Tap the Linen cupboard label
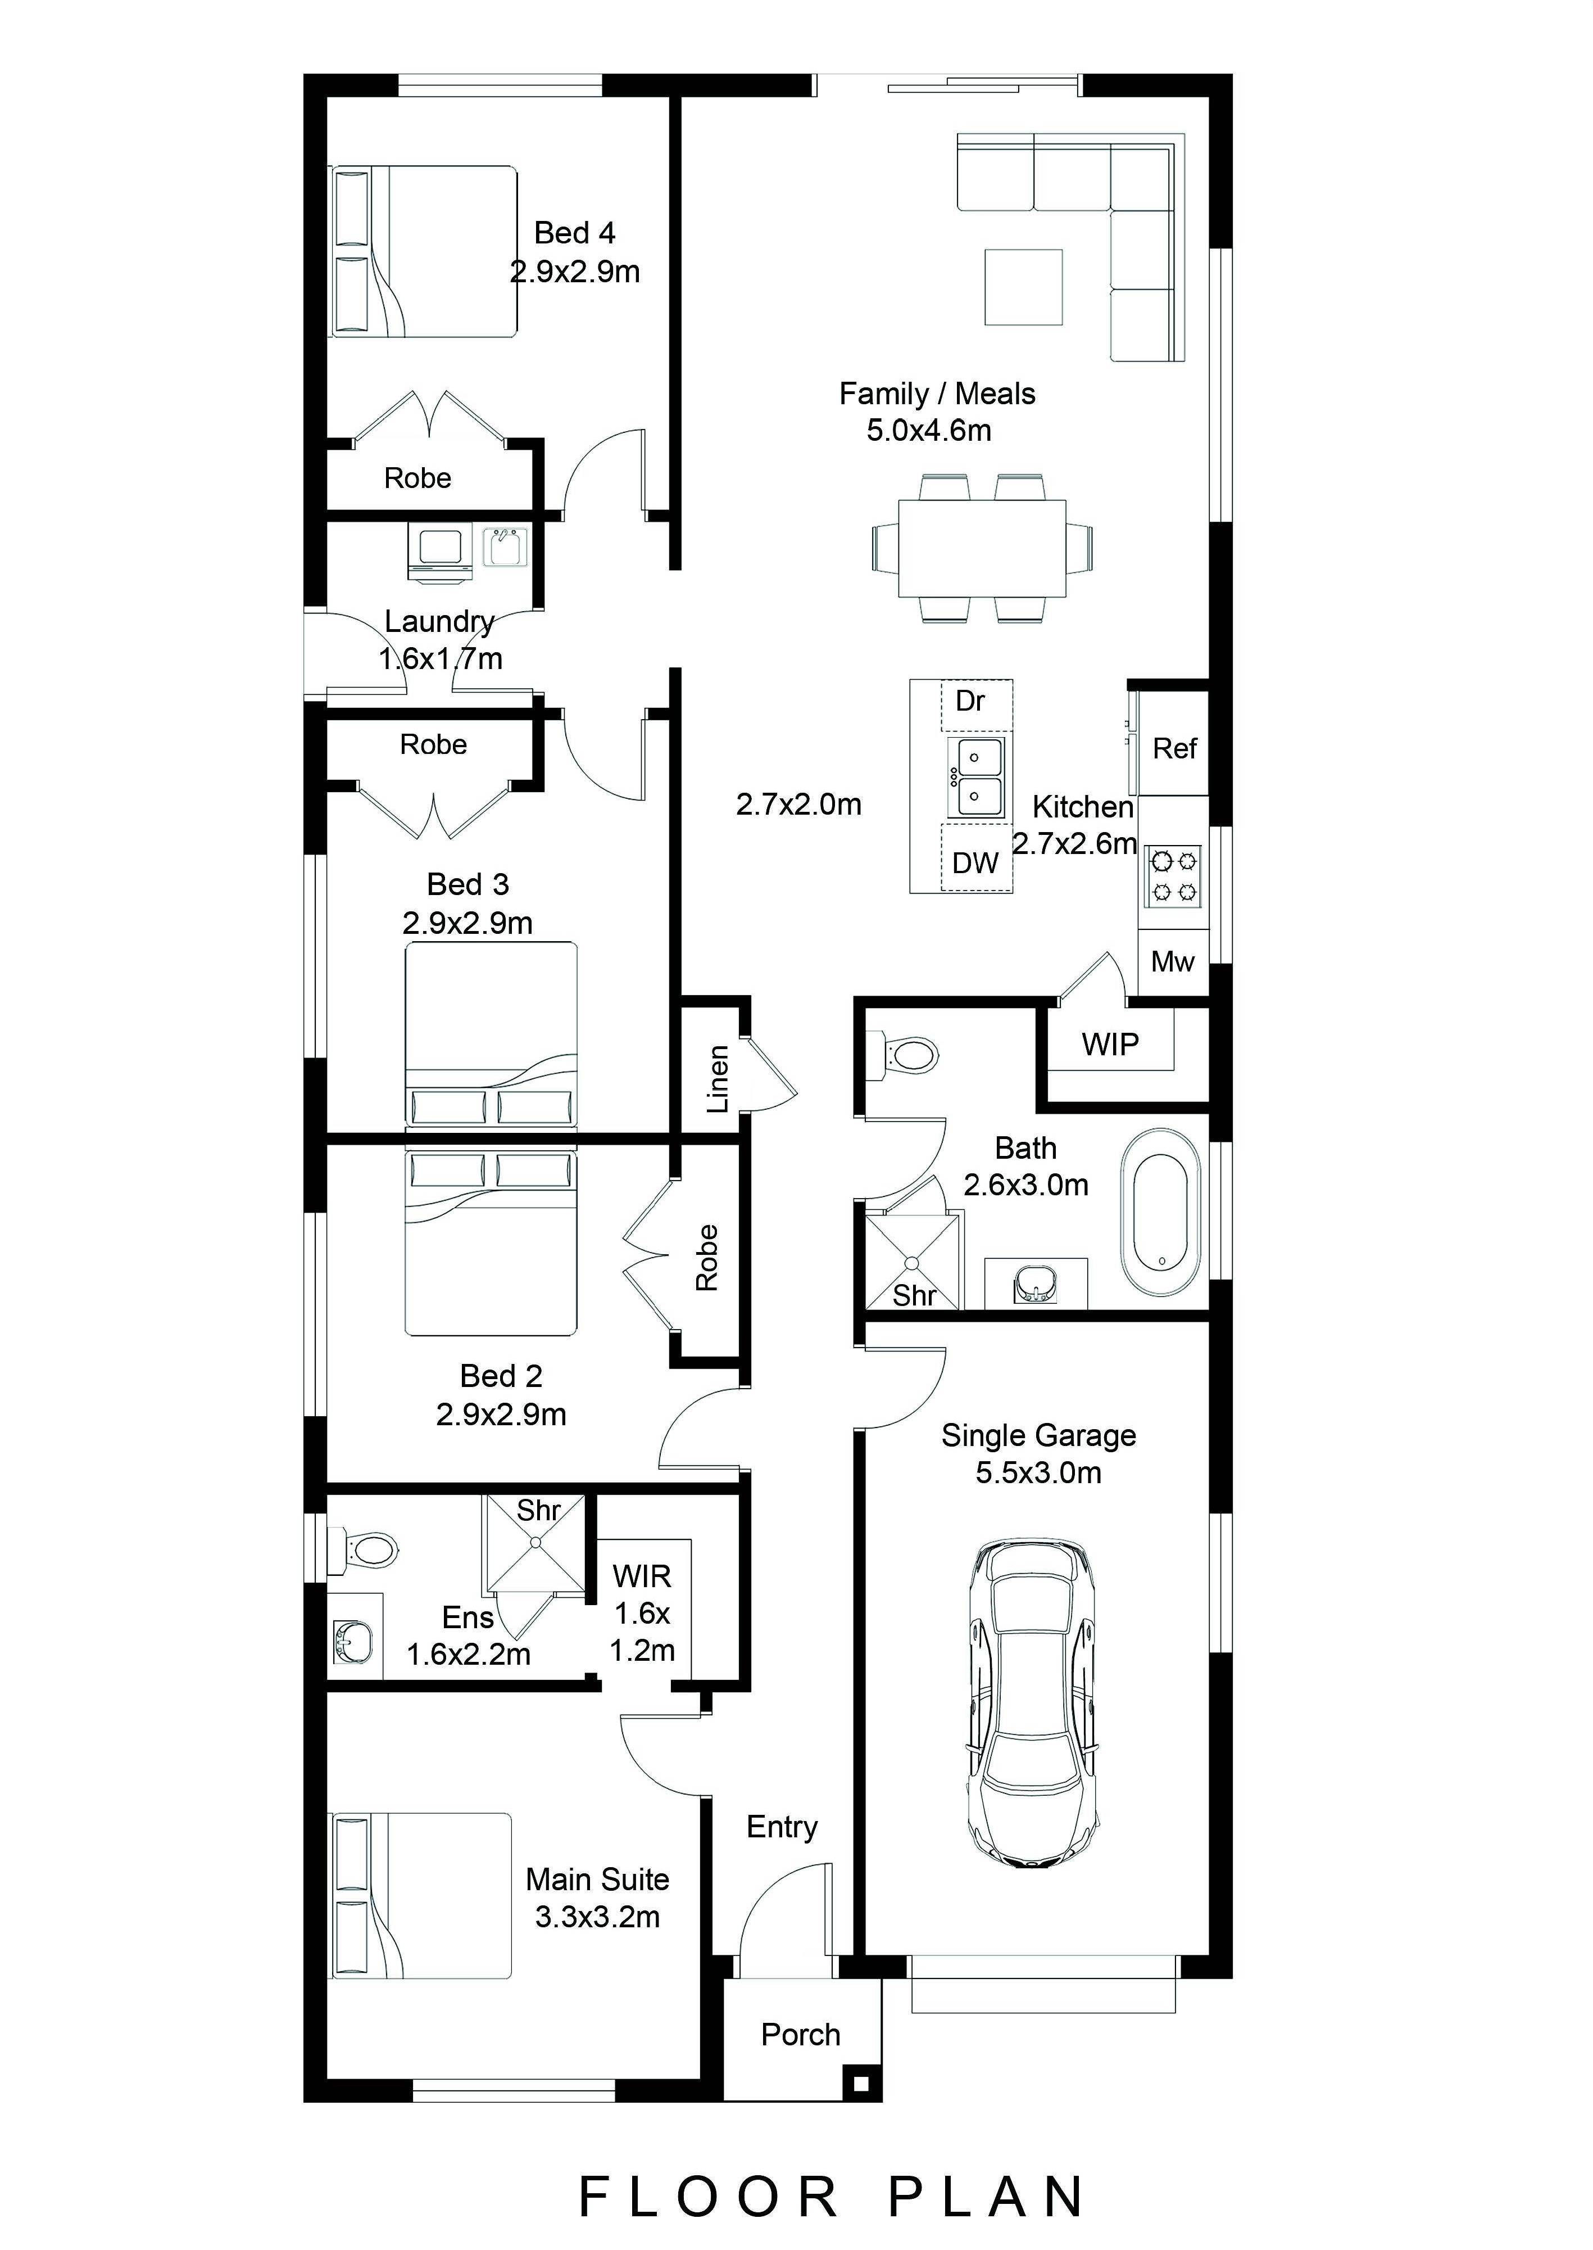(718, 1079)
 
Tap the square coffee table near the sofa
(1023, 287)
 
